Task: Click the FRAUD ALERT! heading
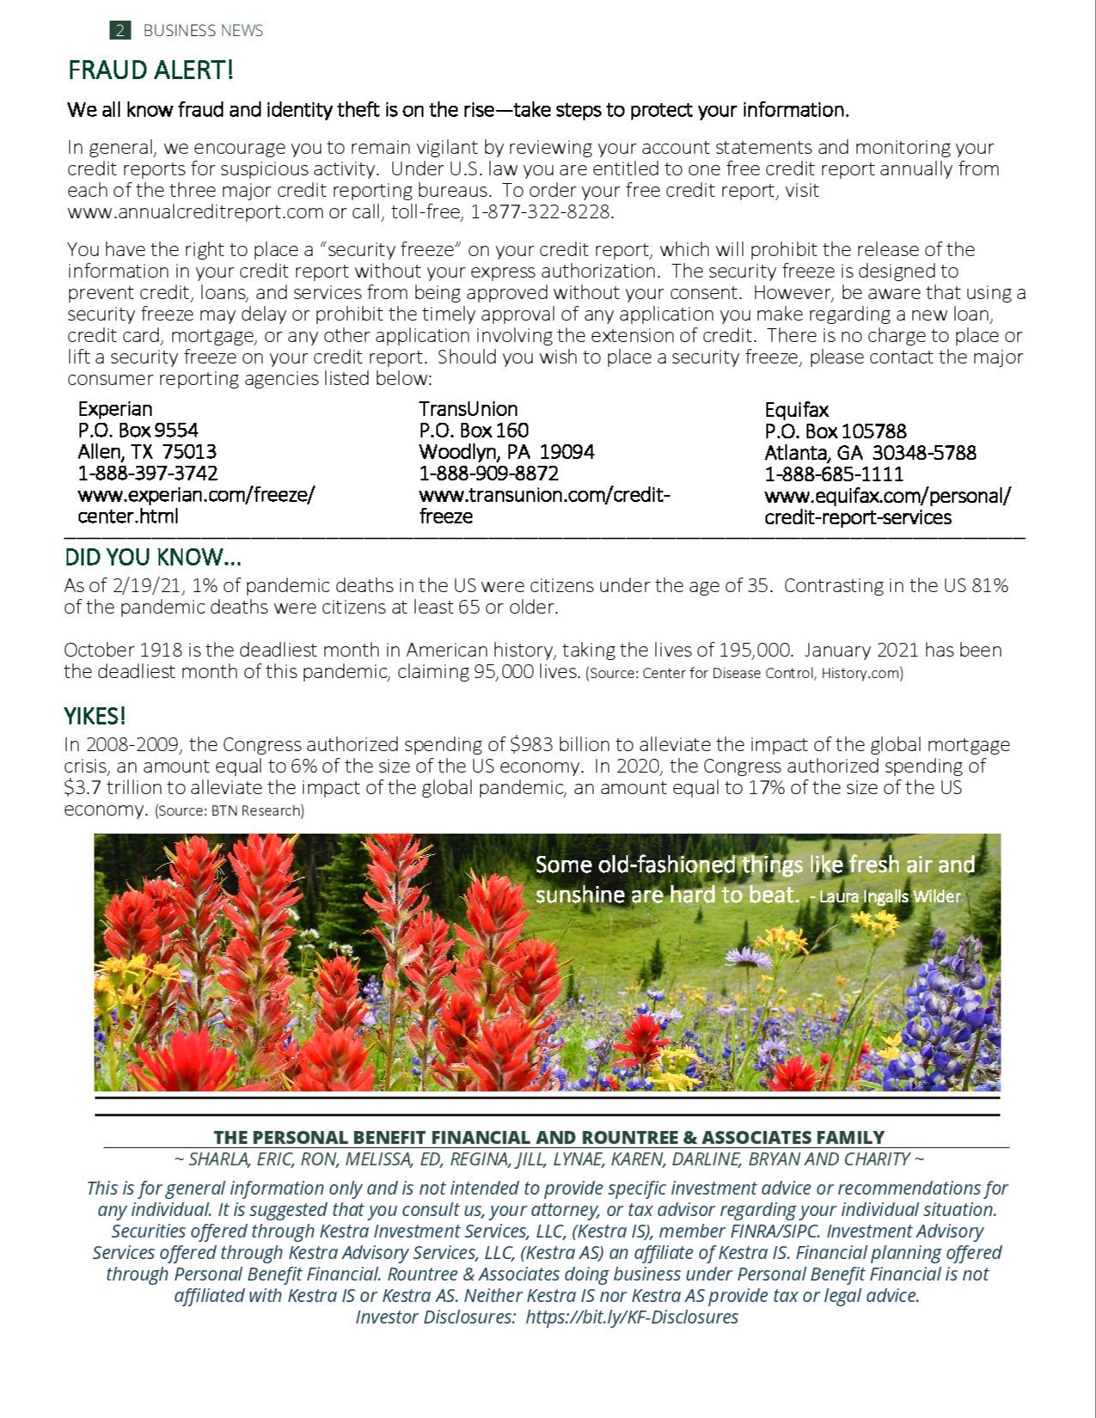(150, 70)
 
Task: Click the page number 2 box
(120, 30)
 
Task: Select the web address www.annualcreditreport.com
(195, 211)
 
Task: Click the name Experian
(115, 409)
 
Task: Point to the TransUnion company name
(468, 409)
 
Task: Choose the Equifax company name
(797, 410)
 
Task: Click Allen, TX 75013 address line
(147, 452)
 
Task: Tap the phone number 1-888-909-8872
(488, 474)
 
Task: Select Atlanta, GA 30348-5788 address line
(870, 453)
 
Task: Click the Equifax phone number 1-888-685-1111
(834, 474)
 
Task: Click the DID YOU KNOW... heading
(152, 558)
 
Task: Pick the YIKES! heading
(95, 716)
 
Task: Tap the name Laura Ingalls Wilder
(890, 896)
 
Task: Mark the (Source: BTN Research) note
(229, 810)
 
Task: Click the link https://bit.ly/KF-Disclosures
(631, 1317)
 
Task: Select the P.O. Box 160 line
(474, 431)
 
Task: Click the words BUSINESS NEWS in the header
(203, 30)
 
